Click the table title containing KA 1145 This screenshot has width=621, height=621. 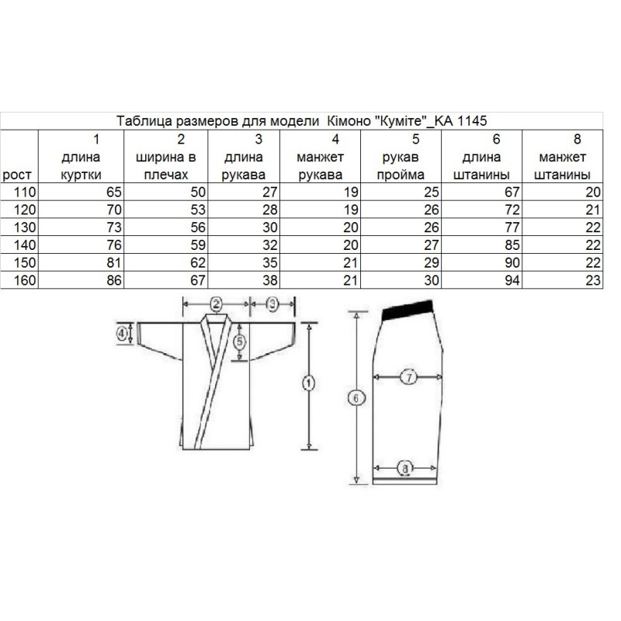click(x=301, y=121)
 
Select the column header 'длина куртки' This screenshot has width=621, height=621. click(x=82, y=165)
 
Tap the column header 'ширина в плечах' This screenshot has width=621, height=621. click(x=166, y=165)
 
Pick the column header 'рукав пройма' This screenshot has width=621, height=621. click(x=401, y=165)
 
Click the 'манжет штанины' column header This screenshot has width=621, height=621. click(x=562, y=165)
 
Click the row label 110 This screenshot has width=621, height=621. click(x=25, y=192)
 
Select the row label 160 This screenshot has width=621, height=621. click(x=25, y=280)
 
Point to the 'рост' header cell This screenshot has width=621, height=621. click(x=16, y=175)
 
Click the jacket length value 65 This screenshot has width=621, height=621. click(x=113, y=192)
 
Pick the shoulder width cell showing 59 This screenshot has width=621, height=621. click(x=198, y=245)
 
